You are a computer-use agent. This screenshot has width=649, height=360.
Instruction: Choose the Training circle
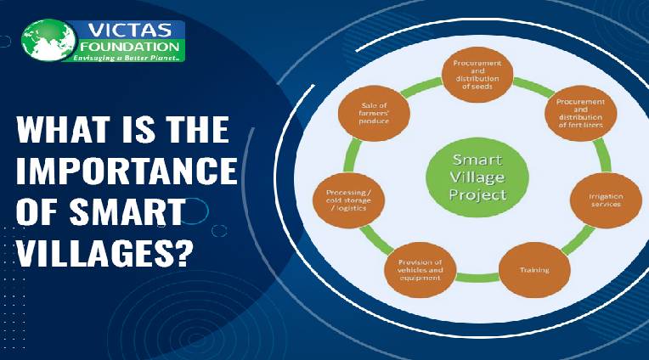point(534,271)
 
